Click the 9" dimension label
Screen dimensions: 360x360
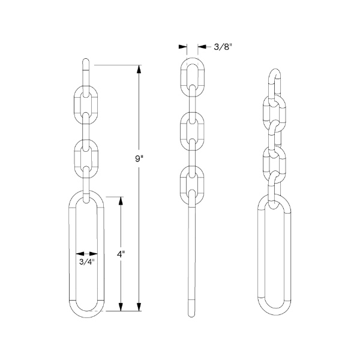pyautogui.click(x=139, y=158)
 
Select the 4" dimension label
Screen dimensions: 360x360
pyautogui.click(x=121, y=254)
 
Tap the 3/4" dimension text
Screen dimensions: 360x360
pyautogui.click(x=87, y=262)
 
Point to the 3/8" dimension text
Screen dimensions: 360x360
pyautogui.click(x=223, y=47)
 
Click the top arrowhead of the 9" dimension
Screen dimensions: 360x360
pyautogui.click(x=139, y=69)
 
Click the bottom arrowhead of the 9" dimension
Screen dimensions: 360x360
pyautogui.click(x=139, y=307)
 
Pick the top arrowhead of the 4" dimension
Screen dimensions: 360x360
pyautogui.click(x=121, y=201)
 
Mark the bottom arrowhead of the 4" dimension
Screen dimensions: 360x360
pyautogui.click(x=121, y=307)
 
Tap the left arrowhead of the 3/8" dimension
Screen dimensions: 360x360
pyautogui.click(x=183, y=47)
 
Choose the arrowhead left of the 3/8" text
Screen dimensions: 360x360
pyautogui.click(x=202, y=47)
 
